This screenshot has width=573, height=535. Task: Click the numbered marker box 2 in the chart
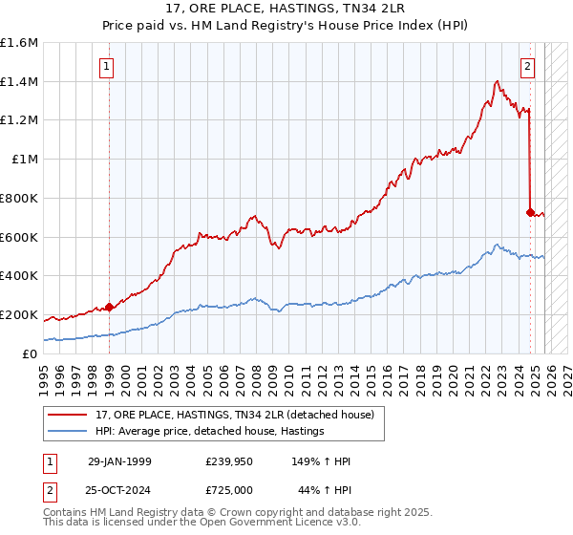coord(527,67)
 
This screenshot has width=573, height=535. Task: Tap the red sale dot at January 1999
coord(109,307)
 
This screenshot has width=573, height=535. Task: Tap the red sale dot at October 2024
coord(530,212)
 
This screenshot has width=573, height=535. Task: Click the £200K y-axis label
coord(19,314)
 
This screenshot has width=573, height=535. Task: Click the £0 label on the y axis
coord(31,353)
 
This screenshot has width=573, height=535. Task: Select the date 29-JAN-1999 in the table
coord(119,461)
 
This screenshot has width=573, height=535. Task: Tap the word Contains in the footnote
coord(65,514)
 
